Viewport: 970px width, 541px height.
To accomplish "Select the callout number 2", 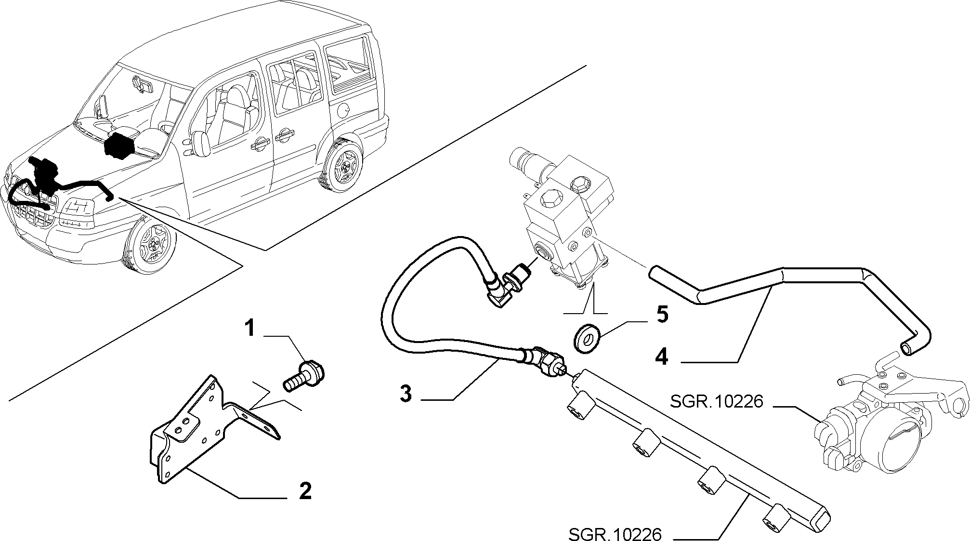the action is tap(305, 491).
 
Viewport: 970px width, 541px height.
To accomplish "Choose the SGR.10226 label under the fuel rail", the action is tap(615, 533).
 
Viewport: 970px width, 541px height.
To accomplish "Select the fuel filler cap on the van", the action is tap(343, 110).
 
